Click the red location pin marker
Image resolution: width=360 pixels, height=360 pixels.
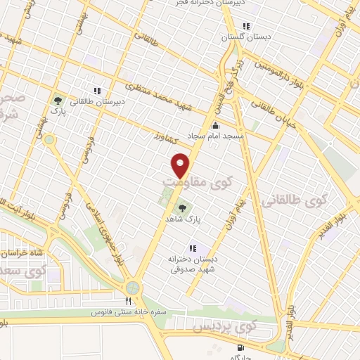click(x=181, y=165)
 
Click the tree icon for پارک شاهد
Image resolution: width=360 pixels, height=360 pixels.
click(x=184, y=207)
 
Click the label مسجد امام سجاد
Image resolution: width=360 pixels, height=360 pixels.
click(x=214, y=135)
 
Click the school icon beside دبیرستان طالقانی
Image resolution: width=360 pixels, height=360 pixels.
click(x=97, y=90)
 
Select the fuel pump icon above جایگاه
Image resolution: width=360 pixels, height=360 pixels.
click(x=241, y=347)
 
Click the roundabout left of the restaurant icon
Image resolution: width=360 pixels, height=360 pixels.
click(x=133, y=288)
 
